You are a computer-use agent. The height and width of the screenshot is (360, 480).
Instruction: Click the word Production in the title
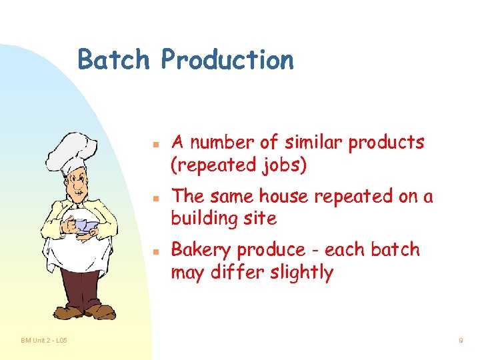pos(227,60)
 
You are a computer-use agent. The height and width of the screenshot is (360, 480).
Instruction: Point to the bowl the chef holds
pos(84,226)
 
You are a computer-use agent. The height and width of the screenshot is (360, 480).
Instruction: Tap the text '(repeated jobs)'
pos(239,165)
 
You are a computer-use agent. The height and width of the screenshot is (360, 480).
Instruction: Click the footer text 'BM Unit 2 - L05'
pos(44,341)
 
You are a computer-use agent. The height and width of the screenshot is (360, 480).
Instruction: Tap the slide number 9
pos(460,341)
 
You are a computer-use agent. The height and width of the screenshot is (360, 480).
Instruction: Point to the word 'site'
pos(262,219)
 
